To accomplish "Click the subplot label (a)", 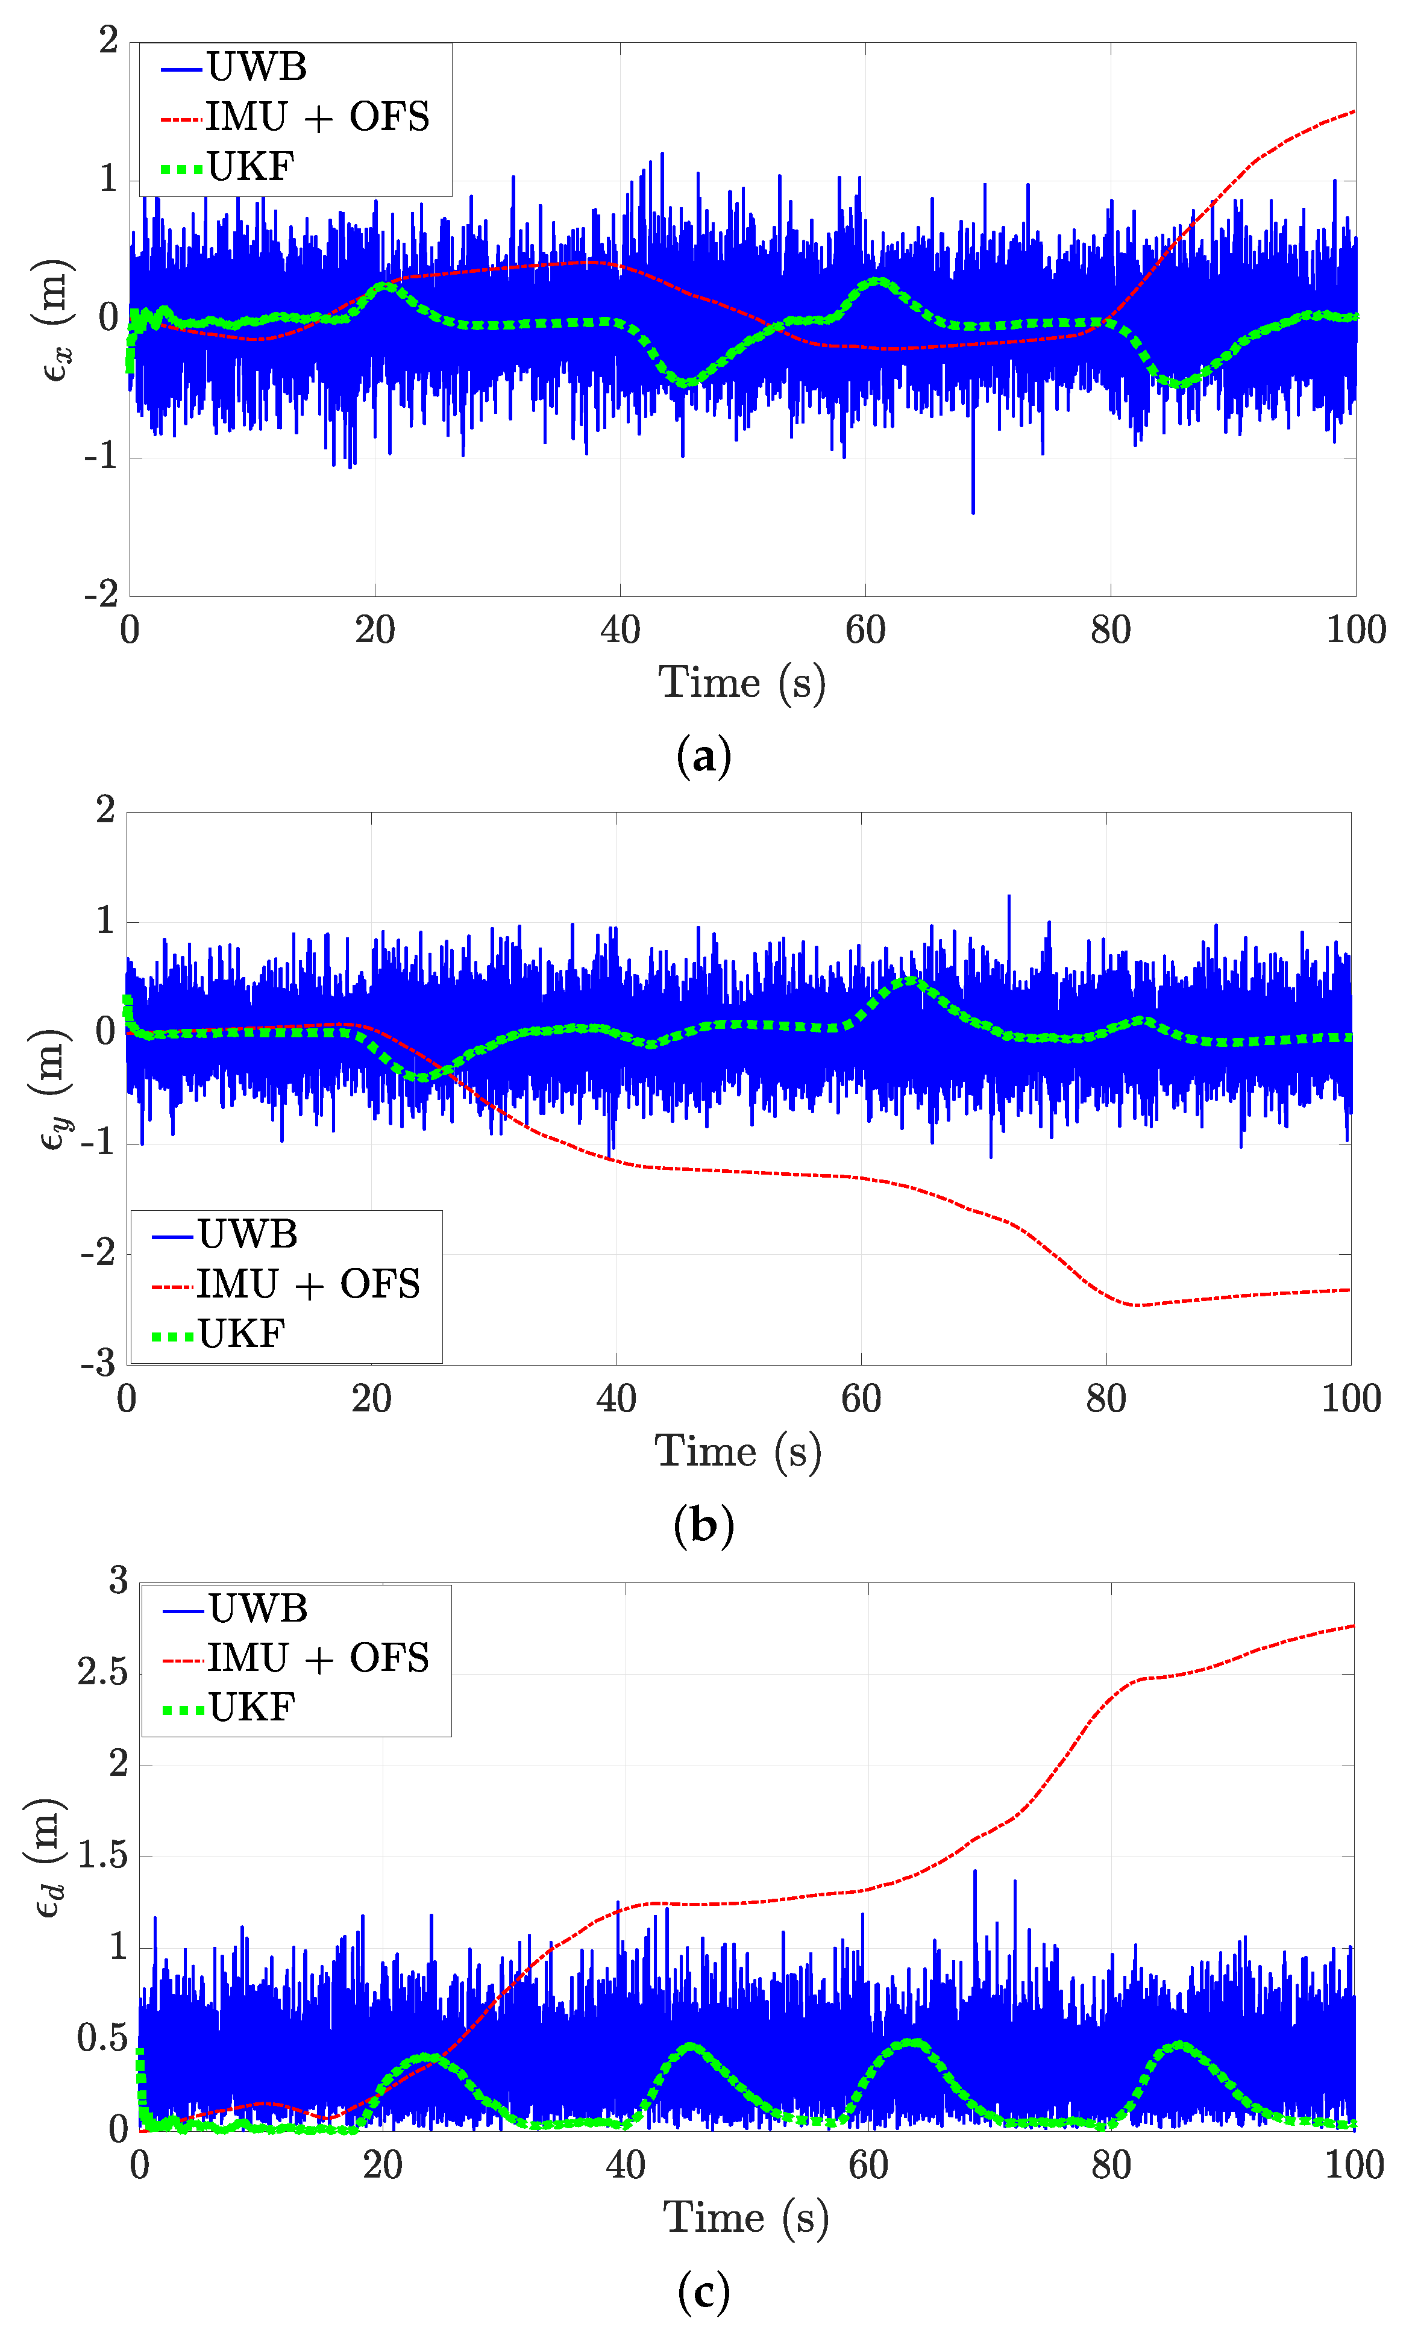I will click(x=704, y=757).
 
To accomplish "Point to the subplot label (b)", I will click(x=704, y=1525).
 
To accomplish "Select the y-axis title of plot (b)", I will click(x=52, y=1088).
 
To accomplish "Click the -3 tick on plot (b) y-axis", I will click(x=98, y=1364).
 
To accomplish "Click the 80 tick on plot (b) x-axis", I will click(x=1105, y=1399).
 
